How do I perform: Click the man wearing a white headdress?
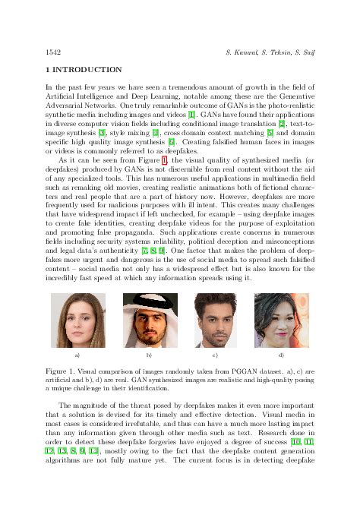(x=148, y=321)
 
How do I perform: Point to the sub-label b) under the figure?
(x=148, y=355)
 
